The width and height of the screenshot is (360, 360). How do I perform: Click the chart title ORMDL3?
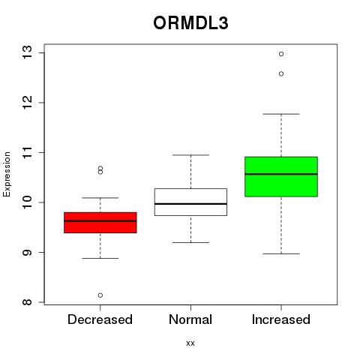click(190, 23)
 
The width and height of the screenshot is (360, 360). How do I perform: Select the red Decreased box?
click(100, 223)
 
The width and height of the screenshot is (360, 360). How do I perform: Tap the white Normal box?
click(190, 202)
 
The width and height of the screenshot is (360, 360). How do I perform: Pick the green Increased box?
click(281, 176)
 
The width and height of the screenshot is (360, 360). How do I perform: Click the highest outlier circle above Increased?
click(281, 54)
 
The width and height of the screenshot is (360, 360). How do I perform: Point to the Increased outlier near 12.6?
click(281, 73)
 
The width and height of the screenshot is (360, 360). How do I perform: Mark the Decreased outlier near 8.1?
click(100, 295)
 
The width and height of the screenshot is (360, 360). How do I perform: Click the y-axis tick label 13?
click(28, 52)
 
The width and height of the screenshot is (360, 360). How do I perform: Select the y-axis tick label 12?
click(28, 103)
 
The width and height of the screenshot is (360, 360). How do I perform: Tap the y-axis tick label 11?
click(28, 152)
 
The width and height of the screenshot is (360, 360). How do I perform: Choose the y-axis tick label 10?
click(28, 202)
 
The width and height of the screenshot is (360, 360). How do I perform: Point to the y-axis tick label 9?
click(28, 252)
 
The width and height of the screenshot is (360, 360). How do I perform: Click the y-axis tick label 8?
click(28, 302)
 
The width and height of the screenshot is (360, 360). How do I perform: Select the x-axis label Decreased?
click(100, 319)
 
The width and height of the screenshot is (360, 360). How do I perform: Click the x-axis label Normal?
click(190, 319)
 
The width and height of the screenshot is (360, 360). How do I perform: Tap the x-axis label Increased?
click(281, 319)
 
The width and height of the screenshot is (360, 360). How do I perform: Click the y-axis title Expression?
click(7, 174)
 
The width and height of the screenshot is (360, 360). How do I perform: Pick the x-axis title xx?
click(190, 343)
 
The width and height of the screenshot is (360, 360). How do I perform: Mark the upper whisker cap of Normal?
click(190, 155)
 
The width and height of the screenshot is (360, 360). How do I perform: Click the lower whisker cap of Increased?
click(281, 253)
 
